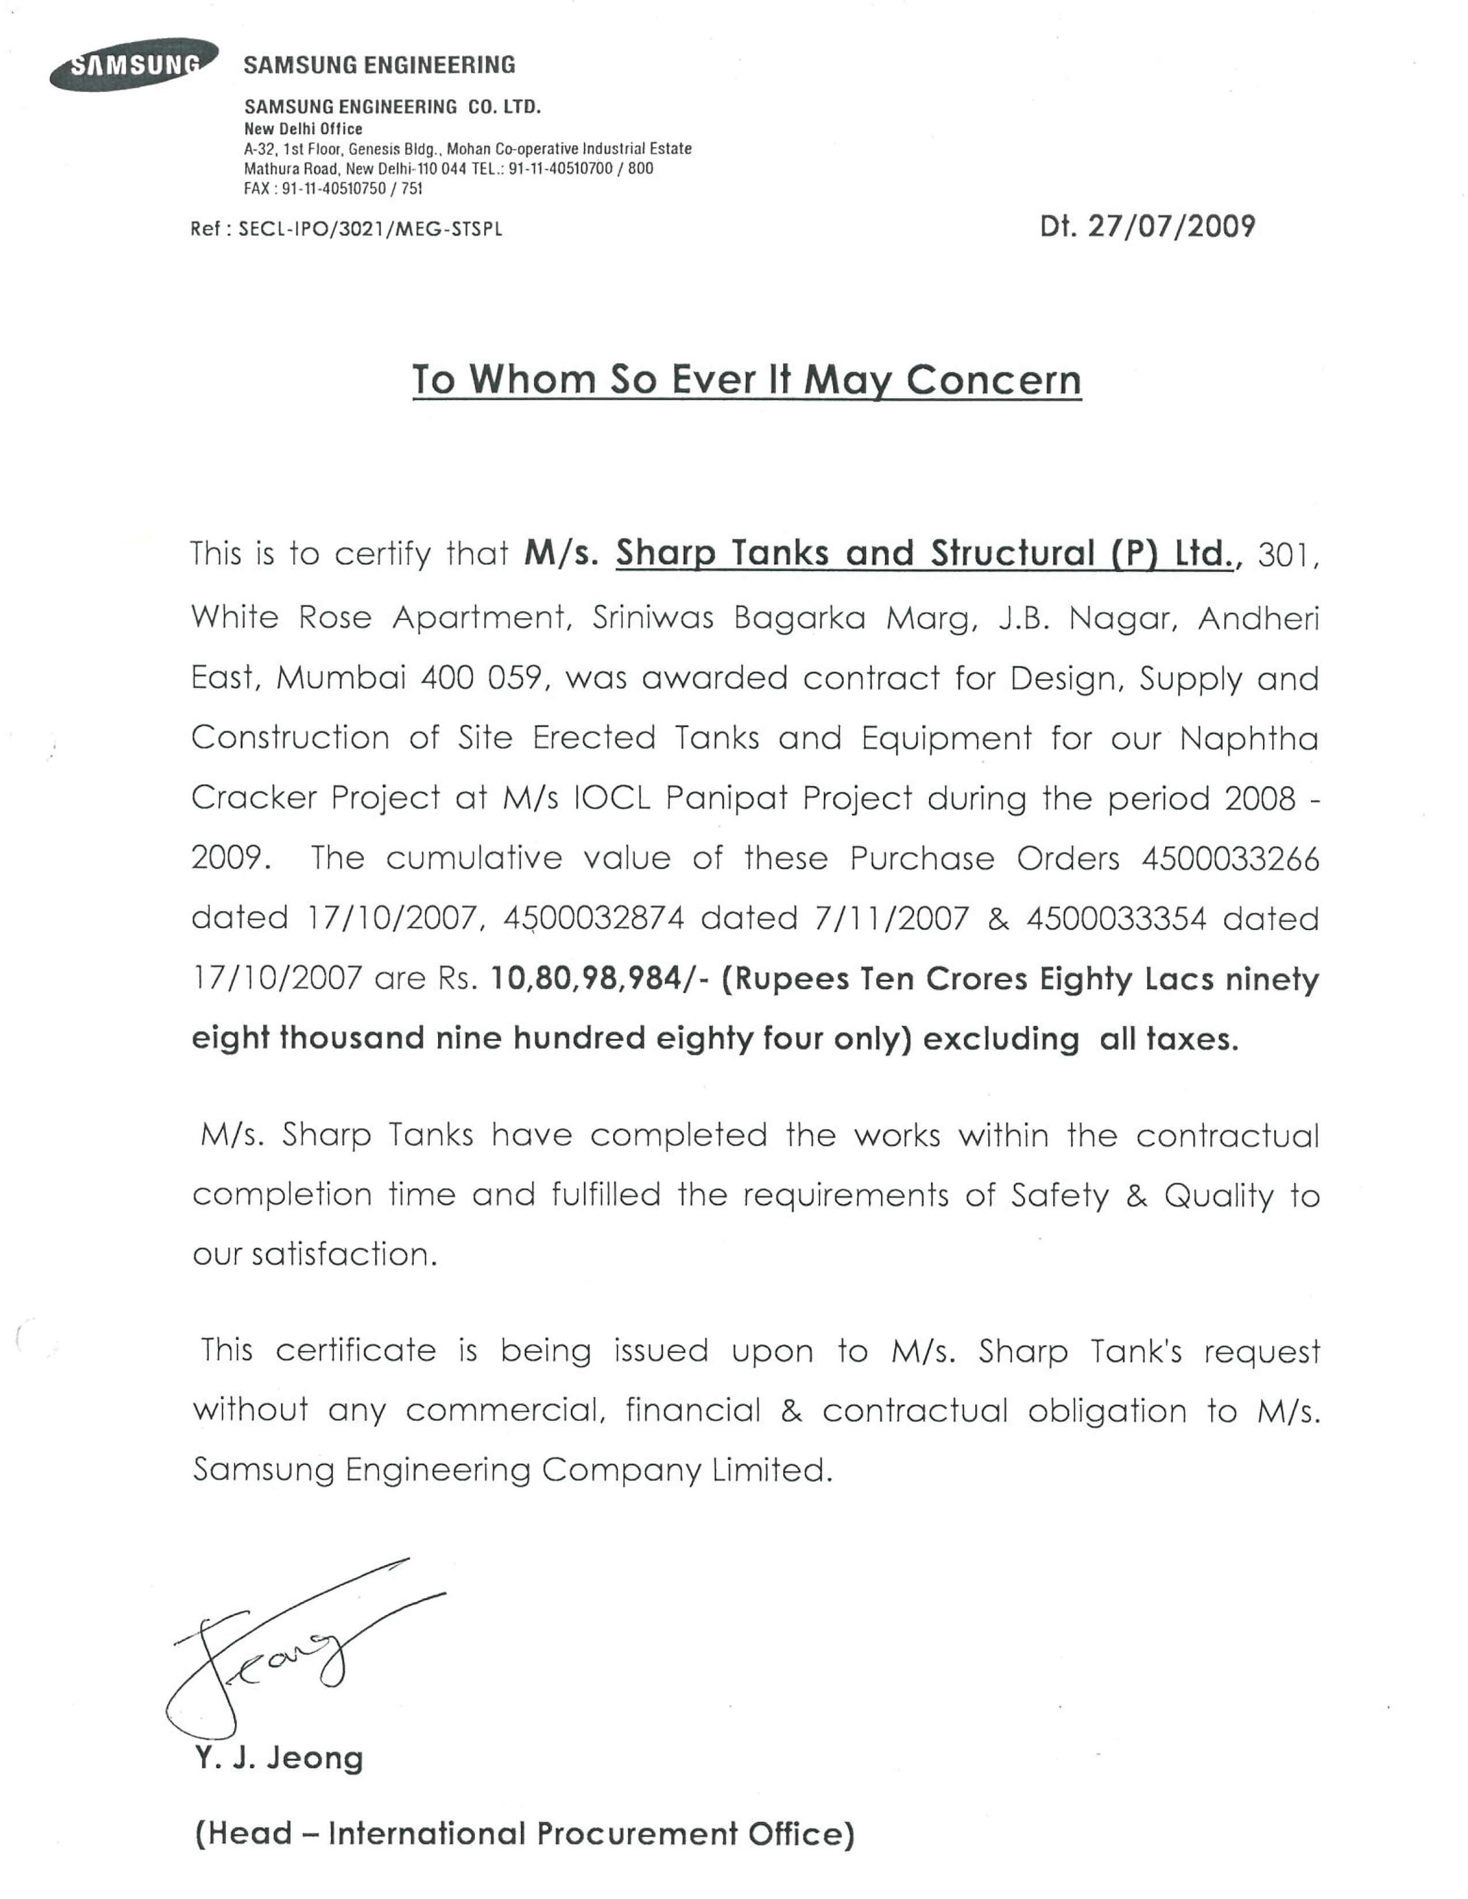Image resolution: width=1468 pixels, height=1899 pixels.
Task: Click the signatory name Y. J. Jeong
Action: point(278,1757)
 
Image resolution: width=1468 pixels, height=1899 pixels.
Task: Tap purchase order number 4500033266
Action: point(1230,859)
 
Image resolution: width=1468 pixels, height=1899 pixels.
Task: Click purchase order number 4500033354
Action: point(1116,918)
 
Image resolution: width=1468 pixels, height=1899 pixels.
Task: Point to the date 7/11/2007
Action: point(891,918)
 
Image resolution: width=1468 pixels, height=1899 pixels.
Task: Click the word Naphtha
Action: point(1249,739)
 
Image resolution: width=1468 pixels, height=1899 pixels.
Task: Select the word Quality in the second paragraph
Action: point(1218,1196)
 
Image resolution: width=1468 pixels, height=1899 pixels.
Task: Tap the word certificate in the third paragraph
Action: point(356,1351)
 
